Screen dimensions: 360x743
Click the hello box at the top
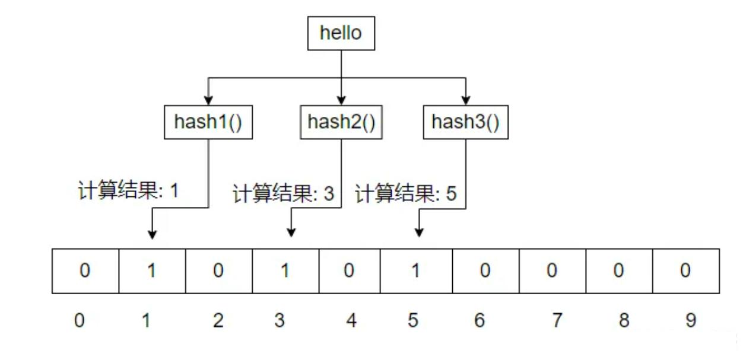tap(341, 33)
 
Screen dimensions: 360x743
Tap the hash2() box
tap(341, 122)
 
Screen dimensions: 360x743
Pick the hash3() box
tap(465, 122)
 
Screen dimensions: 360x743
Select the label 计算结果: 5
tap(407, 194)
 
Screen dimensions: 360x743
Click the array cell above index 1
tap(152, 271)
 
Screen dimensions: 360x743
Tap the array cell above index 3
tap(285, 271)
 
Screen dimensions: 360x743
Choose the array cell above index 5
tap(415, 271)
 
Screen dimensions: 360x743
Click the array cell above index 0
tap(85, 271)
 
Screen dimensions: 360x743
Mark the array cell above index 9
tap(685, 271)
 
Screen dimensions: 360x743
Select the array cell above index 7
tap(552, 271)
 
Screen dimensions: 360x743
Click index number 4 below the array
tap(351, 321)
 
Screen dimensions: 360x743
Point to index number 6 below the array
tap(480, 321)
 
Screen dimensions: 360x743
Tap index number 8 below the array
tap(624, 321)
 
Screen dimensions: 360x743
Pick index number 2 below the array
tap(218, 321)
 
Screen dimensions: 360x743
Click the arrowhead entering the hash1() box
tap(208, 100)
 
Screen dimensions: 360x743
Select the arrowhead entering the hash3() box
tap(465, 100)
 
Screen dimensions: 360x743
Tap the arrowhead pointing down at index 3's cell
tap(290, 233)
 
